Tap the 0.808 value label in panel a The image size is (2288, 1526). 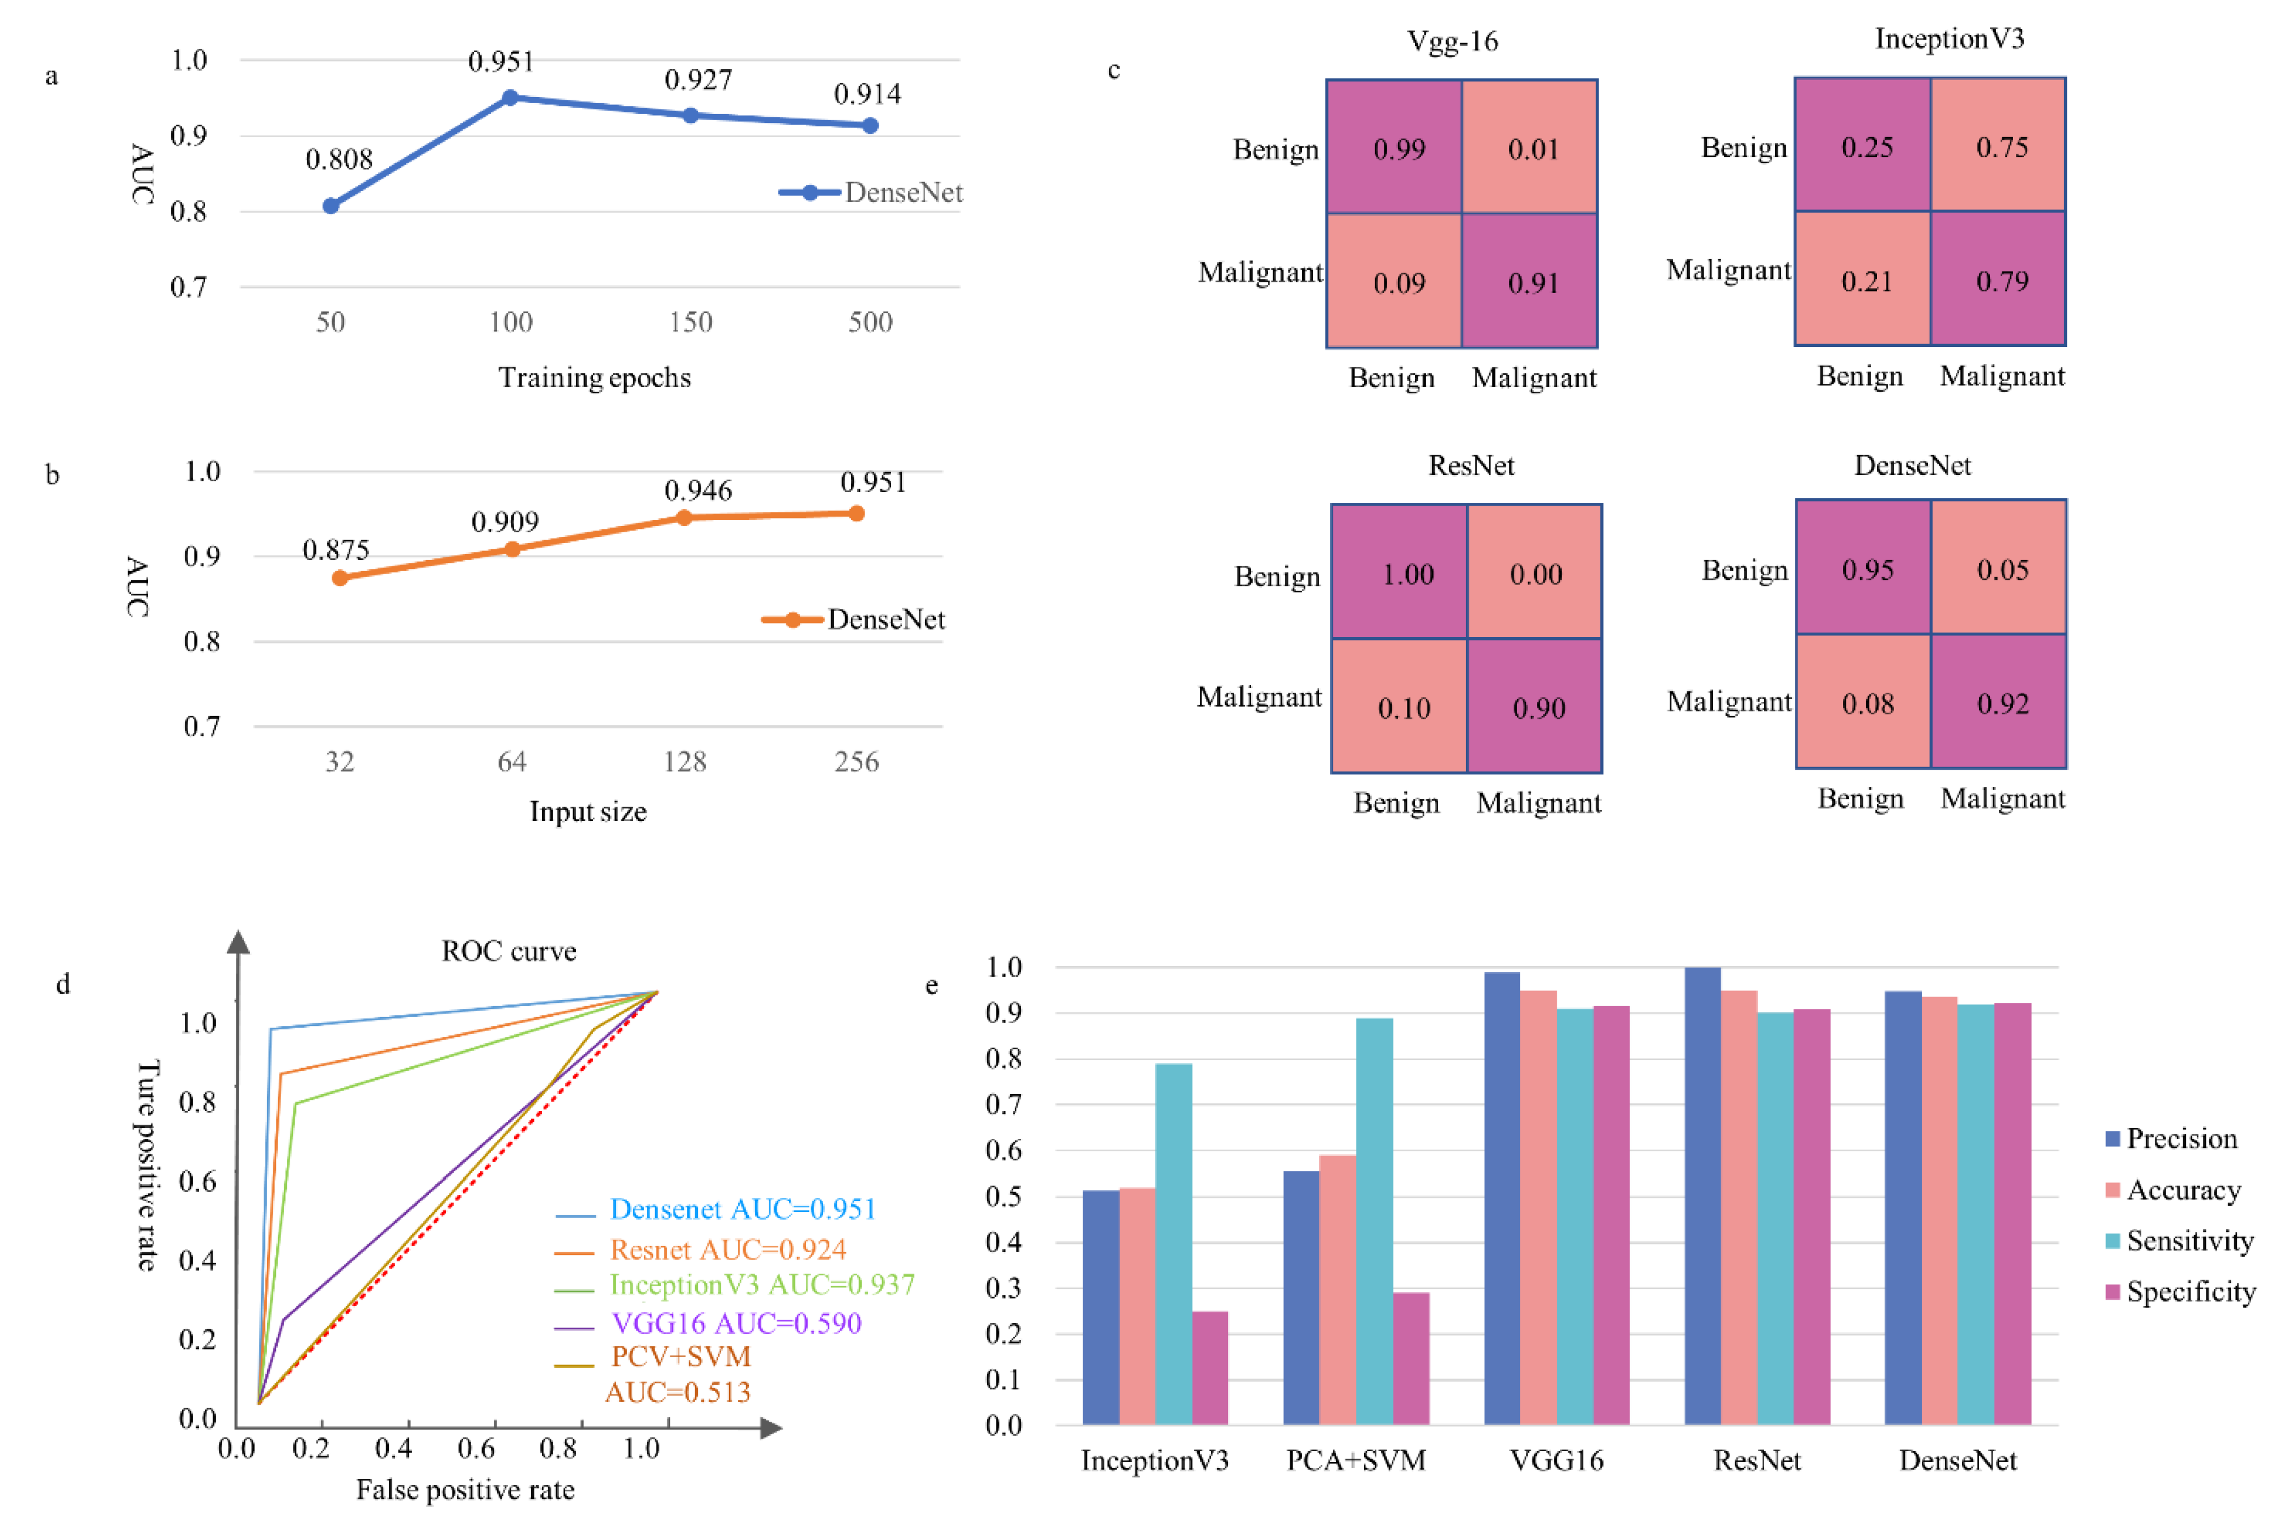338,160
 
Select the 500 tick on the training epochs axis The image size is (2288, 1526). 870,322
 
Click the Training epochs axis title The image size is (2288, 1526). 595,378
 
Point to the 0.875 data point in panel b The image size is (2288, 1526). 340,578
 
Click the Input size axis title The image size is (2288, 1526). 588,812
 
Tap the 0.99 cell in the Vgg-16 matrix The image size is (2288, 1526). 1399,149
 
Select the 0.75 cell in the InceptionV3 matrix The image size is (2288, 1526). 2001,147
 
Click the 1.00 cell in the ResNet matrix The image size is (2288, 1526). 1407,574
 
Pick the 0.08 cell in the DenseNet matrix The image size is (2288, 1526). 1867,703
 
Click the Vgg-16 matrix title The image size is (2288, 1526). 1452,41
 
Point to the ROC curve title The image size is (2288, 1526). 509,951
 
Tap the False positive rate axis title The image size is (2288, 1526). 465,1490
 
